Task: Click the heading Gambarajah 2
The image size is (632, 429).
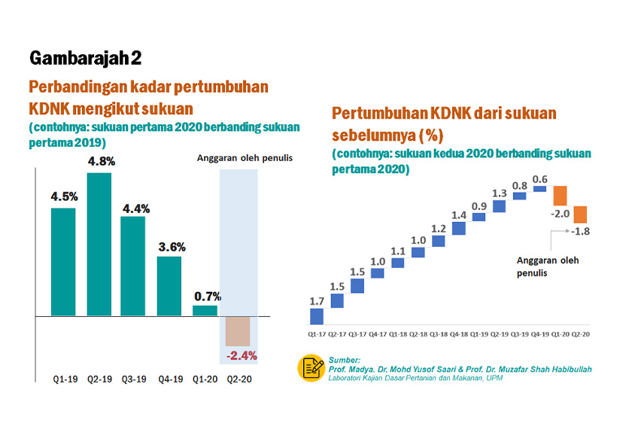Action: click(85, 58)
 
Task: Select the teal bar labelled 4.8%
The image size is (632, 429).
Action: click(99, 245)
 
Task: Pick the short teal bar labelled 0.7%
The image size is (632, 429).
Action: click(205, 310)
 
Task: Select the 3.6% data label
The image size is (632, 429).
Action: click(171, 246)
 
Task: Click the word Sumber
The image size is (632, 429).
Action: click(345, 361)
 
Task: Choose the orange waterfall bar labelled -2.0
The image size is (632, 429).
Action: click(561, 196)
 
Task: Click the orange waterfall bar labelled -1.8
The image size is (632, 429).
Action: click(579, 214)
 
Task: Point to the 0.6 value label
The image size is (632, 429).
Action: click(539, 179)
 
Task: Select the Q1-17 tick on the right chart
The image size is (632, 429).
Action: click(317, 333)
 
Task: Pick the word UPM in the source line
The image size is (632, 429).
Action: click(493, 378)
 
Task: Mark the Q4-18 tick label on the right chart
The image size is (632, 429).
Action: click(459, 333)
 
